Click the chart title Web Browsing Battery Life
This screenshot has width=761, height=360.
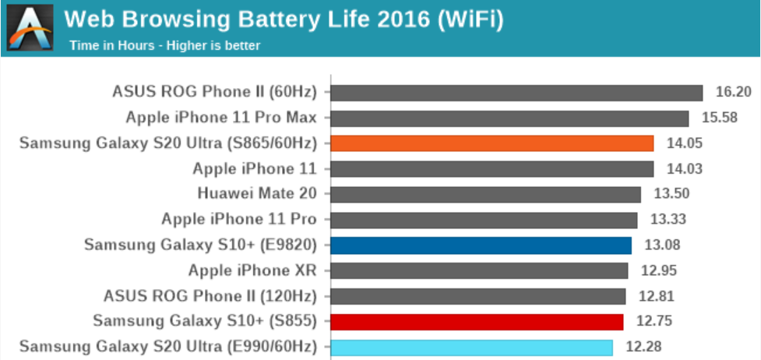click(283, 19)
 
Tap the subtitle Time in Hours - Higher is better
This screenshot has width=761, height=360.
click(164, 45)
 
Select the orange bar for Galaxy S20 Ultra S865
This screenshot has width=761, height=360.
click(492, 143)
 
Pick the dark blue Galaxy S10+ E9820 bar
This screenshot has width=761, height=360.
click(481, 245)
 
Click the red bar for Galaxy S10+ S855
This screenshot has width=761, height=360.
click(477, 321)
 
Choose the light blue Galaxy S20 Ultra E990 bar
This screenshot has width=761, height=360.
click(472, 347)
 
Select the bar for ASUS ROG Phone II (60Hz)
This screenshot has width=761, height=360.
click(517, 93)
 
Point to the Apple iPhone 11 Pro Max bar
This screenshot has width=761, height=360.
click(510, 118)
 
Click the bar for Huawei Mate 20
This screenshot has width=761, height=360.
click(486, 194)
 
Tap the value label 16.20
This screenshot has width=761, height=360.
click(733, 92)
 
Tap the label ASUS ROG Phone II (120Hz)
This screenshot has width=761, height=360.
click(210, 296)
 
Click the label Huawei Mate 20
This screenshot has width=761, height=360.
click(257, 194)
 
